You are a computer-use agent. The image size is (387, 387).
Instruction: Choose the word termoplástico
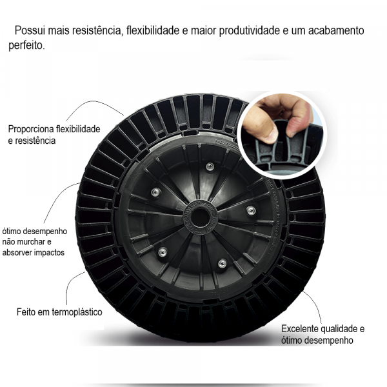click(x=76, y=312)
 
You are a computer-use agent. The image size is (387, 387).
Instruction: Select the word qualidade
click(x=343, y=328)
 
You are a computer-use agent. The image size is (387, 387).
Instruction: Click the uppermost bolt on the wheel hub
click(x=210, y=166)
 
